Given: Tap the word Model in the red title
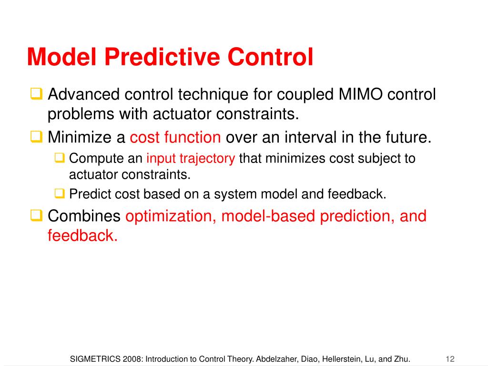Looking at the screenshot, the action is click(x=61, y=57).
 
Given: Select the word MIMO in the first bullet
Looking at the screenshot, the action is click(x=360, y=94).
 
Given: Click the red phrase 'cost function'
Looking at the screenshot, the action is click(x=175, y=137).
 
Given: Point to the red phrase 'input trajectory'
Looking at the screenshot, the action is click(x=191, y=159).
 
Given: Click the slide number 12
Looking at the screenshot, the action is click(x=450, y=359).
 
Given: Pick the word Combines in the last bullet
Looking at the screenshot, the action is click(x=84, y=216).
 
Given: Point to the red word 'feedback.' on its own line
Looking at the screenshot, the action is click(x=83, y=235).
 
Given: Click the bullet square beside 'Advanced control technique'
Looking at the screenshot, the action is click(x=36, y=94).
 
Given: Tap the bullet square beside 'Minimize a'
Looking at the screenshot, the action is click(x=36, y=137).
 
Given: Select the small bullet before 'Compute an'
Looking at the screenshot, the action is click(x=60, y=158).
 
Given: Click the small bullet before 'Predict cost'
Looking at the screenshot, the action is click(x=60, y=193).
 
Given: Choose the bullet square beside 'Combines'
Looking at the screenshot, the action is click(x=36, y=215).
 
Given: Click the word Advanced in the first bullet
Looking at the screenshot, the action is click(x=84, y=94).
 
